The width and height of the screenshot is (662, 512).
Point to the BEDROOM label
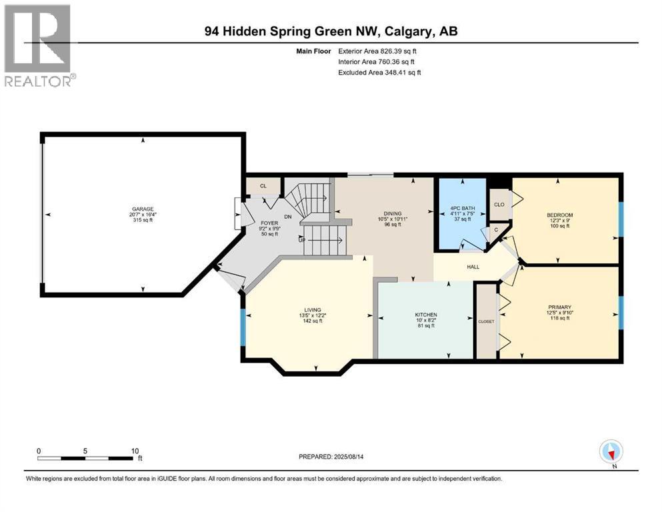[x=559, y=215]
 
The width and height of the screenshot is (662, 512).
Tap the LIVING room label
[x=313, y=310]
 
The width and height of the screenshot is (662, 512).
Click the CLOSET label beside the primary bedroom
[x=487, y=321]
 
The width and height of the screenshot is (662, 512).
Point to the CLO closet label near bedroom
[x=498, y=205]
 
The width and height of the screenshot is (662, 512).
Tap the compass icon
[x=611, y=453]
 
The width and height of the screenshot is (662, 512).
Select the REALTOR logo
[x=39, y=45]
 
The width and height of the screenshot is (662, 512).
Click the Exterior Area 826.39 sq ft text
[x=380, y=51]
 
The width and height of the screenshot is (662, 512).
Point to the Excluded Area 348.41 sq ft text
[x=380, y=72]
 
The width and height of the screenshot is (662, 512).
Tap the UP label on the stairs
[x=302, y=240]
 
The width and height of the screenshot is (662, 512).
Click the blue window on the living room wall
[x=243, y=327]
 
